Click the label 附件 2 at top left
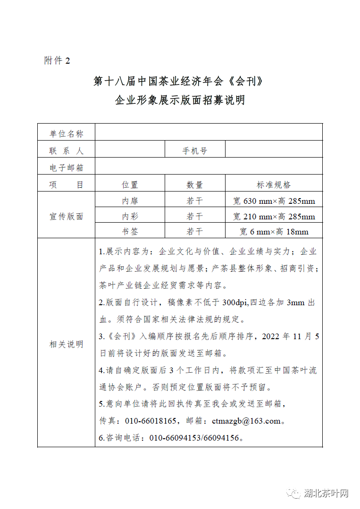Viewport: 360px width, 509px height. tap(57, 61)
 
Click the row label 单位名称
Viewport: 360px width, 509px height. tap(66, 134)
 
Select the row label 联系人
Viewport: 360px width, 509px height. tap(66, 151)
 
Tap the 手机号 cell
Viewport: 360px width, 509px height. tap(195, 151)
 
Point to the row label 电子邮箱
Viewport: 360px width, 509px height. tap(66, 168)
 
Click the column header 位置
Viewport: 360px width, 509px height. tap(130, 185)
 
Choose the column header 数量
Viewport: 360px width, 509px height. tap(195, 185)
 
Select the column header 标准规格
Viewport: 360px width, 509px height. tap(274, 185)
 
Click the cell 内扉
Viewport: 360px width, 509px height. tap(130, 201)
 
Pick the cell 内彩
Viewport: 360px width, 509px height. tap(130, 217)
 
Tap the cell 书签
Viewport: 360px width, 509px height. tap(130, 232)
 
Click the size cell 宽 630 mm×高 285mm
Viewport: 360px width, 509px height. tap(274, 201)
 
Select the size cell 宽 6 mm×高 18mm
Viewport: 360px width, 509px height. tap(274, 232)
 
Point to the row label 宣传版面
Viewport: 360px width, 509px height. tap(66, 217)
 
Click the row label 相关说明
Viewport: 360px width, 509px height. tap(66, 344)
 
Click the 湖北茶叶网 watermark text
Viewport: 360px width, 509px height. tap(326, 494)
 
